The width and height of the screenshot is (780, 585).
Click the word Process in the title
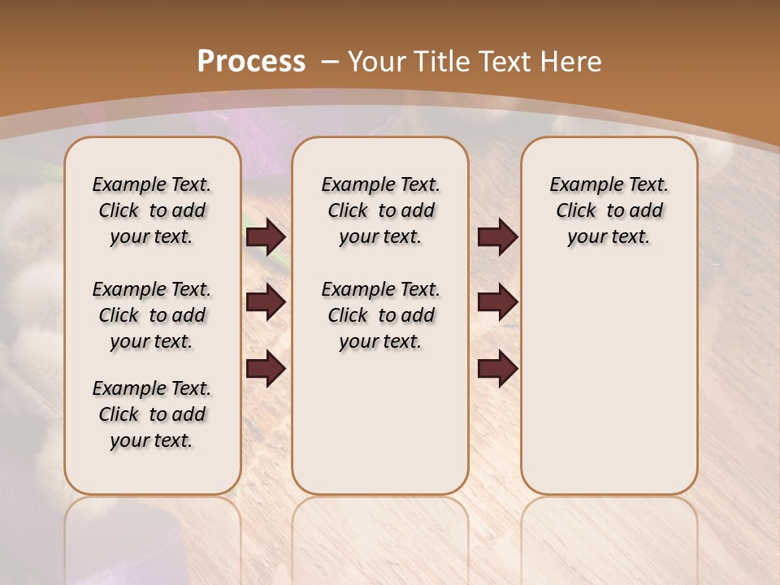[251, 61]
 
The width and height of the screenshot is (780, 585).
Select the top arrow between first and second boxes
[266, 237]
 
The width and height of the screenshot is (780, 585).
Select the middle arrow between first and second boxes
[266, 303]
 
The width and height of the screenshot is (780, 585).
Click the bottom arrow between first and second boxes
[266, 368]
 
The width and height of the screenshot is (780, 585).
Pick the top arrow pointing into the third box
[497, 237]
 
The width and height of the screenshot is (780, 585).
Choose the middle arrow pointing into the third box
[497, 303]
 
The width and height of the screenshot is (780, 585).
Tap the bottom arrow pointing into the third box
[497, 368]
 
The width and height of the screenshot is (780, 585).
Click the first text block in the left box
[152, 210]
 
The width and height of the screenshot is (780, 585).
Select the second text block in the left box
[152, 315]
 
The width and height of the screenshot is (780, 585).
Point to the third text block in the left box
[152, 414]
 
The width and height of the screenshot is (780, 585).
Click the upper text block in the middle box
[380, 210]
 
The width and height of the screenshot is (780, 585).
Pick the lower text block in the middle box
[380, 315]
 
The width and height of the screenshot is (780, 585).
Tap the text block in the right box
[609, 210]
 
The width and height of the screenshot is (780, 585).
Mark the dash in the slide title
[330, 61]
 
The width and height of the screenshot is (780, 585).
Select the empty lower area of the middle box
[380, 422]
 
